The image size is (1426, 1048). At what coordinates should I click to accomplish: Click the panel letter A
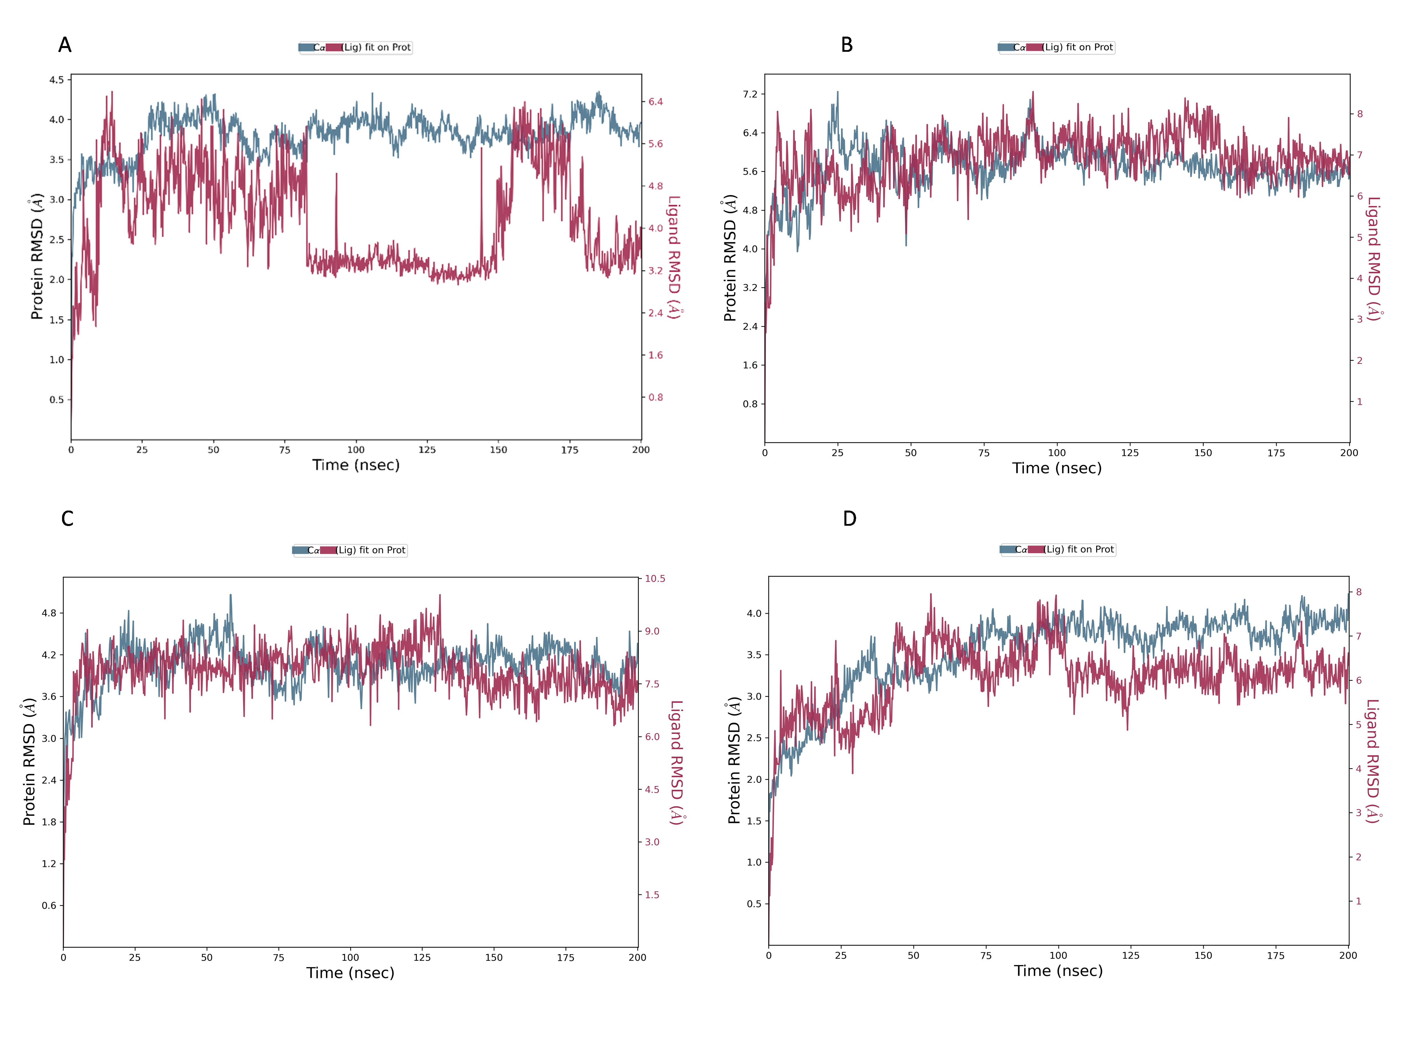tap(65, 45)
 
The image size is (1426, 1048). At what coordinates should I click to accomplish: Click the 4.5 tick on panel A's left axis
tap(56, 80)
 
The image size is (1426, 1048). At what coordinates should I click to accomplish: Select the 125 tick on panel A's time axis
tap(427, 450)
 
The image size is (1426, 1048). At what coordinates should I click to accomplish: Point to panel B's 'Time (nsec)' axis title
tap(1056, 468)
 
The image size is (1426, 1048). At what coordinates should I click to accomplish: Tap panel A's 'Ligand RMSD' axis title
tap(674, 257)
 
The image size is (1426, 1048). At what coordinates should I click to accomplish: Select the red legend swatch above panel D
tap(1035, 549)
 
